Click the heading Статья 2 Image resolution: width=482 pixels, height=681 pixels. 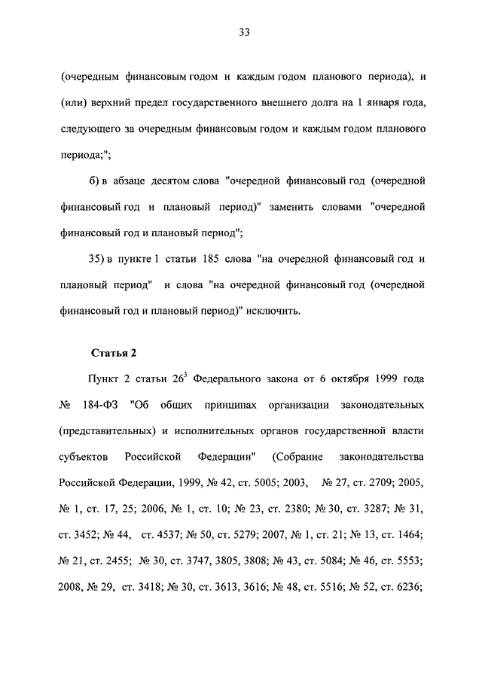(x=113, y=352)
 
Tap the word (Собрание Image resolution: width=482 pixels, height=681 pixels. (x=299, y=457)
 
